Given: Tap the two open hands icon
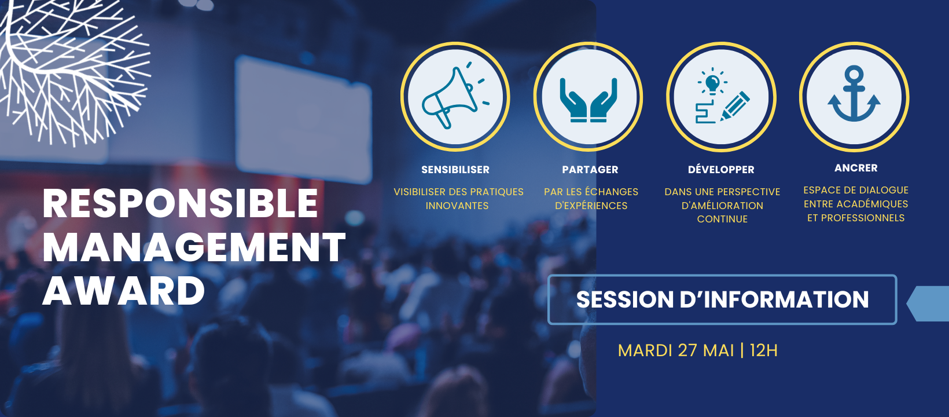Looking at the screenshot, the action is pyautogui.click(x=588, y=100).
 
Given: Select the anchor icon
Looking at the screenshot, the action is pyautogui.click(x=854, y=94).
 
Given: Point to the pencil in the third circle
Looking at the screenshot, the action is pyautogui.click(x=734, y=105).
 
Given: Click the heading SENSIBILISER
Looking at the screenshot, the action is pyautogui.click(x=455, y=170).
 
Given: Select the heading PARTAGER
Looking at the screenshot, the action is pyautogui.click(x=590, y=170).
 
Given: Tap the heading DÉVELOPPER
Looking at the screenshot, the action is pyautogui.click(x=721, y=169).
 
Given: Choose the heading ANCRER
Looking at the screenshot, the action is pyautogui.click(x=856, y=168).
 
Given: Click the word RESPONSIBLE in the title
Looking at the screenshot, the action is pyautogui.click(x=180, y=203).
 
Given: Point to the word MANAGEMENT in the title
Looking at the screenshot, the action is pyautogui.click(x=194, y=247).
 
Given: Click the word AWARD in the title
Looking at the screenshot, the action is pyautogui.click(x=124, y=291).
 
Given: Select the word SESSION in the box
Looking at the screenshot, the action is pyautogui.click(x=625, y=299).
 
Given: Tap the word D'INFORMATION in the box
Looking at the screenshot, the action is pyautogui.click(x=774, y=299).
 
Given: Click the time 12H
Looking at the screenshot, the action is pyautogui.click(x=763, y=350).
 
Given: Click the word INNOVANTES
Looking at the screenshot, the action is pyautogui.click(x=457, y=206).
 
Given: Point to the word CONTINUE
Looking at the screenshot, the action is pyautogui.click(x=722, y=220).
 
